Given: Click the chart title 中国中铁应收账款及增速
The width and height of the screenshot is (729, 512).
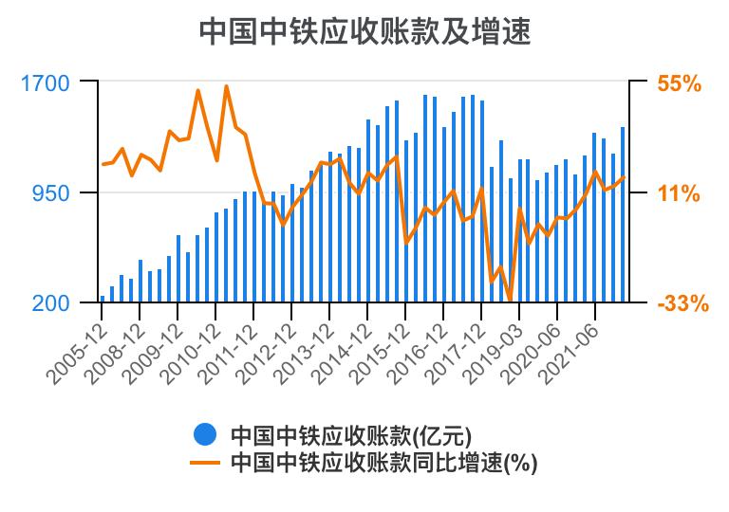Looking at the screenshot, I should (364, 32).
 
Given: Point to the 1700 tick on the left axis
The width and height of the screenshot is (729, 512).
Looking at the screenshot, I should (46, 83).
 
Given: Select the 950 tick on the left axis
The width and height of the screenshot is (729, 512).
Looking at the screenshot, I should (51, 193).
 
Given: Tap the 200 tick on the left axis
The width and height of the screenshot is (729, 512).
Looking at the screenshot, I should (51, 303).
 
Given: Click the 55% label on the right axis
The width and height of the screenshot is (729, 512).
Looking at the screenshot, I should (679, 83).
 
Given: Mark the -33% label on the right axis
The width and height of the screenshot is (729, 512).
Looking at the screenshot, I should (682, 303).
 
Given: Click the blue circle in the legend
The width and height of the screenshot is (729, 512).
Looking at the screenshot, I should (205, 435).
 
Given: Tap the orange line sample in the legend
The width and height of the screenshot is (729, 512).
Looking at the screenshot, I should (205, 463).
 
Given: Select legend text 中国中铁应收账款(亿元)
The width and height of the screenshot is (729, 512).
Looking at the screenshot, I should (350, 435).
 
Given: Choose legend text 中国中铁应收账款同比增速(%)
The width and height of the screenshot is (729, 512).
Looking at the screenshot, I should (383, 463).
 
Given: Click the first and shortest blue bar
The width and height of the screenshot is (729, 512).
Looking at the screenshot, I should (103, 300).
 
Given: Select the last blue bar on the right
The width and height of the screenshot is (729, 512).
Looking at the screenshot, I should (624, 214).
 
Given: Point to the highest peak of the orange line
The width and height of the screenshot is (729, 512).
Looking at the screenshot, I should (226, 86).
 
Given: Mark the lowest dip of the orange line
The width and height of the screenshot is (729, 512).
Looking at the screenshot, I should (510, 300).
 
